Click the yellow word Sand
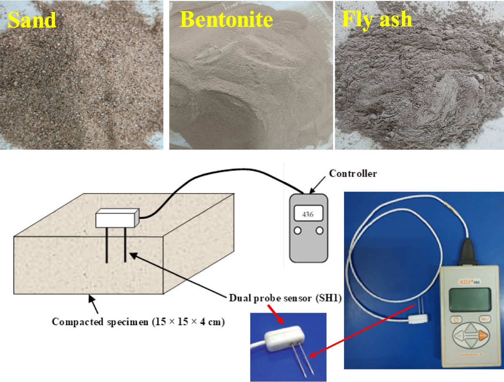pyautogui.click(x=32, y=20)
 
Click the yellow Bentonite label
pyautogui.click(x=226, y=19)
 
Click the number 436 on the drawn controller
pyautogui.click(x=308, y=214)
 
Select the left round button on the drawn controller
pyautogui.click(x=297, y=230)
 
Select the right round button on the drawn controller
pyautogui.click(x=320, y=230)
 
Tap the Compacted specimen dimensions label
pyautogui.click(x=139, y=322)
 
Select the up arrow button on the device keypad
pyautogui.click(x=472, y=327)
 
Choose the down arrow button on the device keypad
pyautogui.click(x=472, y=344)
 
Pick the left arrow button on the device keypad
pyautogui.click(x=460, y=336)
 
